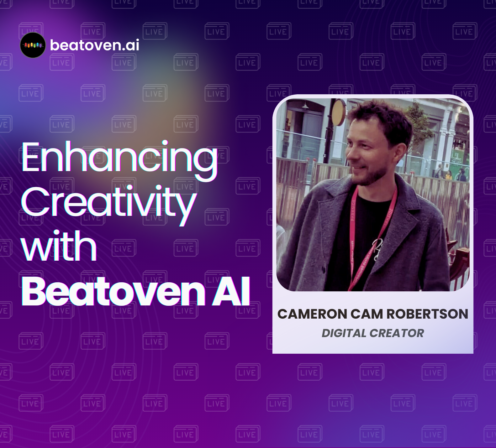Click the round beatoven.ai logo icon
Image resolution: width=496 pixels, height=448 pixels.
33,45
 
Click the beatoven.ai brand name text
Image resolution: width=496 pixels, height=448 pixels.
95,45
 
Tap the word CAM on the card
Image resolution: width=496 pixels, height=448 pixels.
367,314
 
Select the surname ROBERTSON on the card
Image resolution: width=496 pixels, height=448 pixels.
427,314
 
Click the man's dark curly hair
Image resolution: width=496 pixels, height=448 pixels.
379,119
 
